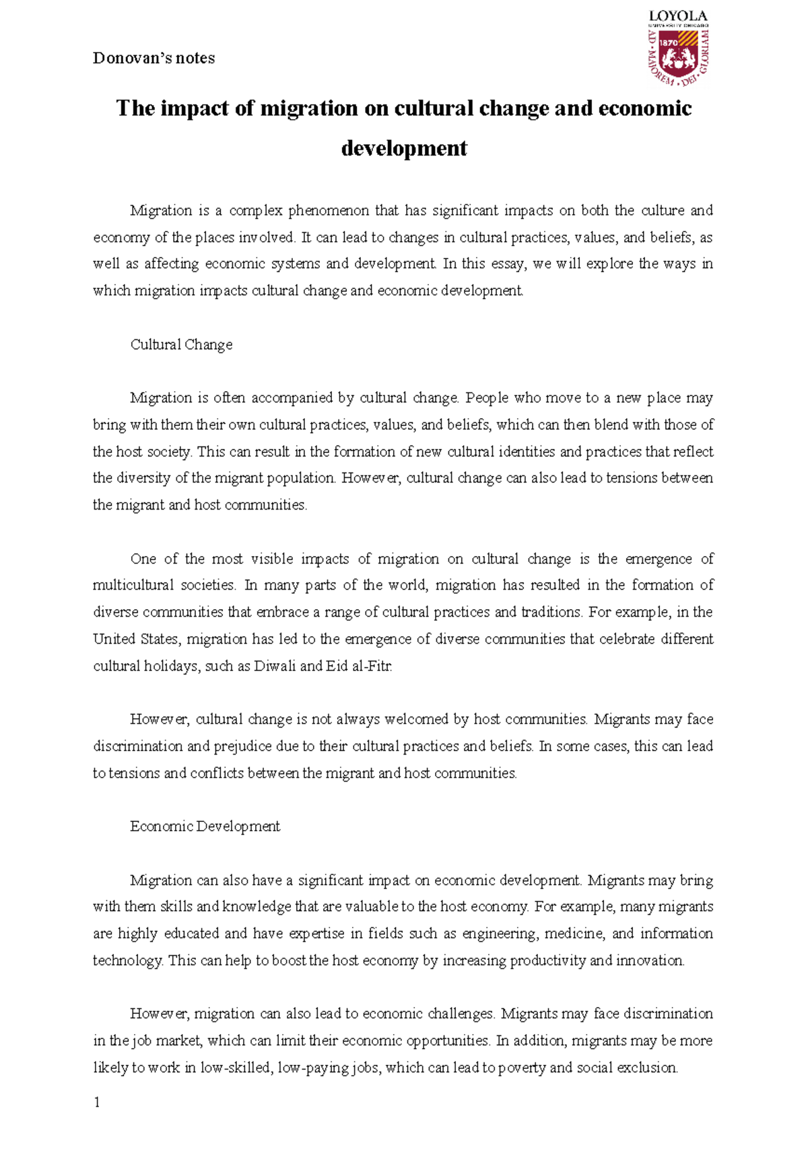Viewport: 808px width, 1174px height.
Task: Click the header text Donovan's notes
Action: coord(154,59)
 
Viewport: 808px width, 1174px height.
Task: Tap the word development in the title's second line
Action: coord(404,148)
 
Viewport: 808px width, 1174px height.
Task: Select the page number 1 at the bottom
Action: coord(97,1102)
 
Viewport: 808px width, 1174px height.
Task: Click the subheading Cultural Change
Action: coord(181,345)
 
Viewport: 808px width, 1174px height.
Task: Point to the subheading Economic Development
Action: coord(205,827)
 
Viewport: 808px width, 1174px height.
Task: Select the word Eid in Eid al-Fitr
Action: coord(337,666)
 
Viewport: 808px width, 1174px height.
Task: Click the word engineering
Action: coord(500,934)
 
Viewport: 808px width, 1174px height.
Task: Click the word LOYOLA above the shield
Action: coord(677,16)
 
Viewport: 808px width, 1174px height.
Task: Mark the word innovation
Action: coord(649,961)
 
